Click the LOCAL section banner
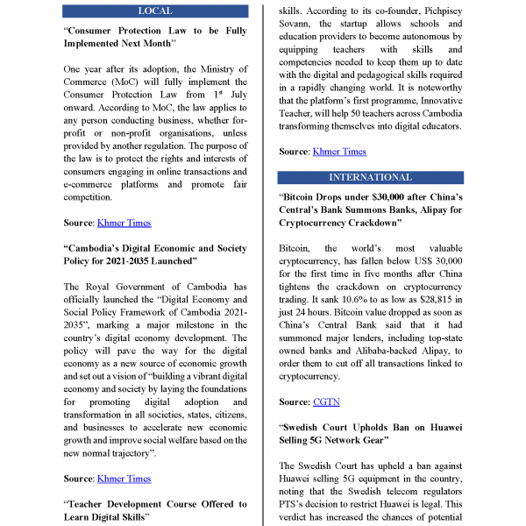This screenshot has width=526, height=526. pyautogui.click(x=155, y=11)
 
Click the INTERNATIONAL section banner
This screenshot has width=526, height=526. pyautogui.click(x=369, y=177)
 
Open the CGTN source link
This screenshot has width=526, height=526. pyautogui.click(x=326, y=402)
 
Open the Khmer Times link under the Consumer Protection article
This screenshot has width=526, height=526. pyautogui.click(x=124, y=223)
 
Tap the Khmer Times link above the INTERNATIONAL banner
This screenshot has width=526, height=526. pyautogui.click(x=339, y=152)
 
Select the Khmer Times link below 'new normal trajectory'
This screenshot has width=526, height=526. pyautogui.click(x=124, y=479)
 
